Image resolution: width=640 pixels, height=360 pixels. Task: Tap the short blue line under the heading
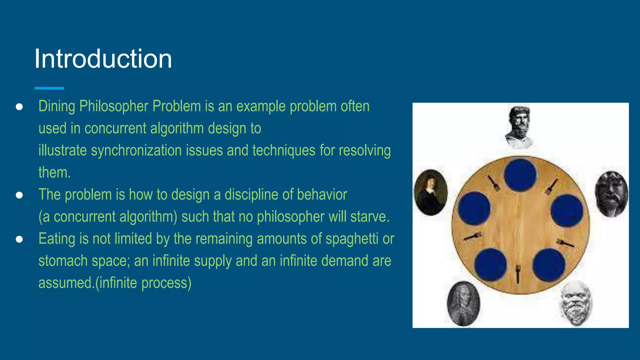click(x=49, y=88)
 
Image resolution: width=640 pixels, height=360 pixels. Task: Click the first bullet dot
click(x=19, y=107)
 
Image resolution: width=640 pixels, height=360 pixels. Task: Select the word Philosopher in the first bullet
click(x=114, y=106)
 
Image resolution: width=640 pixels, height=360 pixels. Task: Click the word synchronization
click(x=137, y=150)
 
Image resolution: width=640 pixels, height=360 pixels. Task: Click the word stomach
click(x=58, y=261)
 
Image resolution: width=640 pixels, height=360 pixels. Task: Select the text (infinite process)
click(x=143, y=283)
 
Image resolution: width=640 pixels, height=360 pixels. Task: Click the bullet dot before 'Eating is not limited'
click(x=19, y=239)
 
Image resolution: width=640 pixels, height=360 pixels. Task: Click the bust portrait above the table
click(x=519, y=127)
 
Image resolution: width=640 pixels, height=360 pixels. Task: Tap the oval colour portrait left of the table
click(x=431, y=192)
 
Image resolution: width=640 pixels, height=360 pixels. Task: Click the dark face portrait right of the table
click(x=611, y=194)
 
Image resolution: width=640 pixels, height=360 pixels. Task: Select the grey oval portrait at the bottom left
click(x=463, y=304)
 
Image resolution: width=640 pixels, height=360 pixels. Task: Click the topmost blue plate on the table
click(x=520, y=175)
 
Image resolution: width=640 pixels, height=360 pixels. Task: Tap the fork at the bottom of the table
click(x=518, y=273)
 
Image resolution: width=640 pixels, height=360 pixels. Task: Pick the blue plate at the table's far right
click(x=566, y=211)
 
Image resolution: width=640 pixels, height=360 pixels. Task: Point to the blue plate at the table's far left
click(x=474, y=208)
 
